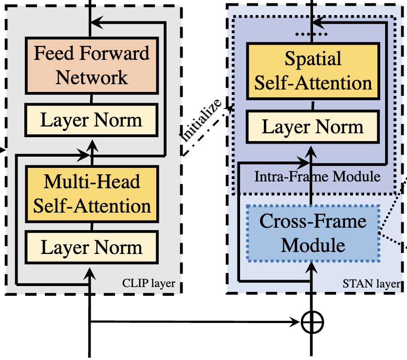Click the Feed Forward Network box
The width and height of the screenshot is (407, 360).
tap(92, 65)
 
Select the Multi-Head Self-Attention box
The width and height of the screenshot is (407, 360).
tap(92, 194)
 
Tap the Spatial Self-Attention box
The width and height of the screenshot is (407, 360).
tap(313, 71)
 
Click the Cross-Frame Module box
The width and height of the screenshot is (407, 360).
tap(313, 233)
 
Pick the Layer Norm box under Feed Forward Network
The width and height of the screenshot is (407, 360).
tap(92, 120)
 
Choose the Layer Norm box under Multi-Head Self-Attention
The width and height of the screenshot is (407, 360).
tap(92, 248)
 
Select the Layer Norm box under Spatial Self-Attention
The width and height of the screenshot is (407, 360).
tap(313, 127)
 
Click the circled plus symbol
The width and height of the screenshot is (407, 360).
tap(312, 322)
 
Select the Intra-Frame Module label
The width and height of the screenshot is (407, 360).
tap(317, 177)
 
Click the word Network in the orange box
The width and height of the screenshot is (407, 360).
tap(92, 77)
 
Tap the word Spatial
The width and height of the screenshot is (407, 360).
tap(313, 59)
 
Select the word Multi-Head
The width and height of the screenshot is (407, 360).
tap(92, 182)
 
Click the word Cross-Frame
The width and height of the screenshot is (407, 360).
tap(313, 221)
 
